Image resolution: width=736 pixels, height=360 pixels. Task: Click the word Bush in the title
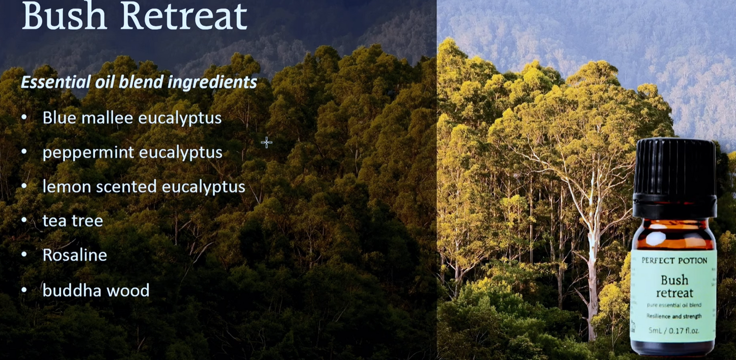click(65, 16)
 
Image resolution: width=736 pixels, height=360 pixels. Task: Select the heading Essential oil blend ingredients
click(139, 82)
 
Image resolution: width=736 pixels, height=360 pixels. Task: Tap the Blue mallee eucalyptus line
click(132, 118)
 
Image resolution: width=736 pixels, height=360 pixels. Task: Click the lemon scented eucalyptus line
click(144, 187)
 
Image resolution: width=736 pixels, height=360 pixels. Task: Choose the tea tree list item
click(72, 220)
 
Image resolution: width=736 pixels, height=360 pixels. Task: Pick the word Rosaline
click(74, 255)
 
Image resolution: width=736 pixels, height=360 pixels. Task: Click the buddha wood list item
click(96, 290)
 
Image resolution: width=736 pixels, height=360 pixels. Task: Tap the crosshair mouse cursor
click(266, 143)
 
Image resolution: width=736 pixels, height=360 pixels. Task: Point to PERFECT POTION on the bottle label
click(674, 261)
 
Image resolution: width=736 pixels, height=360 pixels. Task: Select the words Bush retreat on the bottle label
click(674, 286)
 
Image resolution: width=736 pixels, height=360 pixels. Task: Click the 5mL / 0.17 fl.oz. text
click(674, 330)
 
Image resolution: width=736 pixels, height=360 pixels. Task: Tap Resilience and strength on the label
click(674, 316)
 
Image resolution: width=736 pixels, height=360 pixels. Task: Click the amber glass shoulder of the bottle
click(673, 234)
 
